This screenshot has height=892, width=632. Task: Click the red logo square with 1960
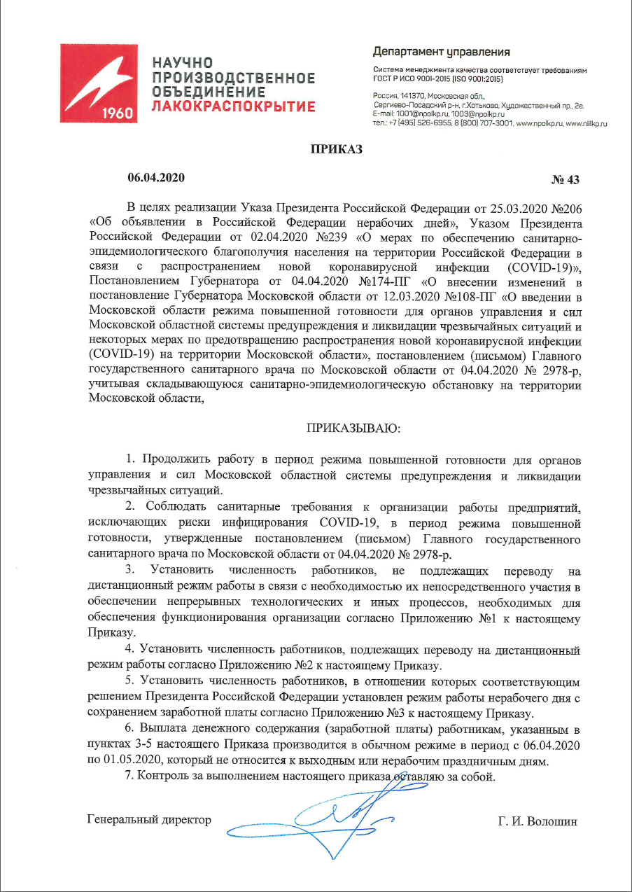pyautogui.click(x=99, y=83)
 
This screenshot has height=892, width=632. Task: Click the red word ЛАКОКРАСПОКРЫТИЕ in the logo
pyautogui.click(x=234, y=106)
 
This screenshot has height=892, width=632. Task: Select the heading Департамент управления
pyautogui.click(x=442, y=52)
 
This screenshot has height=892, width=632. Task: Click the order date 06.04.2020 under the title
pyautogui.click(x=155, y=178)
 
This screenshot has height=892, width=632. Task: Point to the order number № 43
pyautogui.click(x=566, y=180)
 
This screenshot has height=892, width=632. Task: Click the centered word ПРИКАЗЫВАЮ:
pyautogui.click(x=352, y=428)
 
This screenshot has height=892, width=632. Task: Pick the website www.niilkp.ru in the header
pyautogui.click(x=587, y=123)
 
